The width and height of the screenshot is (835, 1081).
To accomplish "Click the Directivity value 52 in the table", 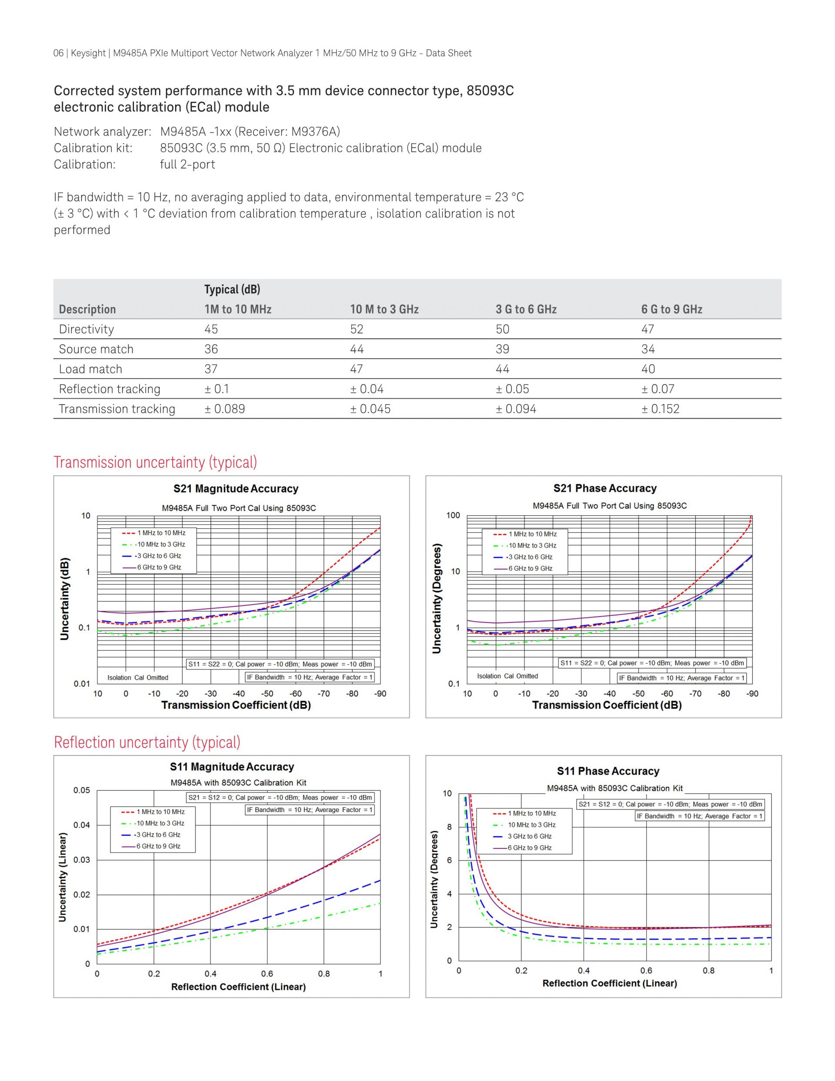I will click(356, 329).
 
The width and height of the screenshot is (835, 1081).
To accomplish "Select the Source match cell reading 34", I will click(648, 349).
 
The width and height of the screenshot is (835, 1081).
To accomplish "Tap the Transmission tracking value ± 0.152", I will click(660, 409).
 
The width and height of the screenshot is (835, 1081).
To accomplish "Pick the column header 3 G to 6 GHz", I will click(526, 309).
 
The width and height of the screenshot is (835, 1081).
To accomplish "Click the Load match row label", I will click(90, 369).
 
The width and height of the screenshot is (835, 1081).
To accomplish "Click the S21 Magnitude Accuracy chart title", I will click(236, 489).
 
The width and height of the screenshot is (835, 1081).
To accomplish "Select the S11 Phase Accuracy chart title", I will click(608, 771).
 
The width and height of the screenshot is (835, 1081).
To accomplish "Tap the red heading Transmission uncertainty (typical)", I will click(155, 462).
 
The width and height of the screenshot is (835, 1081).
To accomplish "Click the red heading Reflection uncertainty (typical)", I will click(147, 742).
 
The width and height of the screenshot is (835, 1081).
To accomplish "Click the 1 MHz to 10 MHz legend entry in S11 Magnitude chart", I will click(160, 812).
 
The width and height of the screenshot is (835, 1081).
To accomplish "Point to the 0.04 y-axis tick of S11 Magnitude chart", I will click(82, 825).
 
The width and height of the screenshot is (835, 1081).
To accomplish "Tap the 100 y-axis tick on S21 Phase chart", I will click(453, 515).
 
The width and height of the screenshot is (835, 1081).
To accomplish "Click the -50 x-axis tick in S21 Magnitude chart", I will click(267, 693).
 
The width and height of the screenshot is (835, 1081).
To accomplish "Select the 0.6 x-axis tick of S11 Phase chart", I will click(646, 970).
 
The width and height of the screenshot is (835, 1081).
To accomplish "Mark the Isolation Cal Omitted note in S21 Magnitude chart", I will click(137, 678).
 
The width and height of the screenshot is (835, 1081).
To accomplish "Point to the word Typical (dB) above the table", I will click(232, 289).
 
